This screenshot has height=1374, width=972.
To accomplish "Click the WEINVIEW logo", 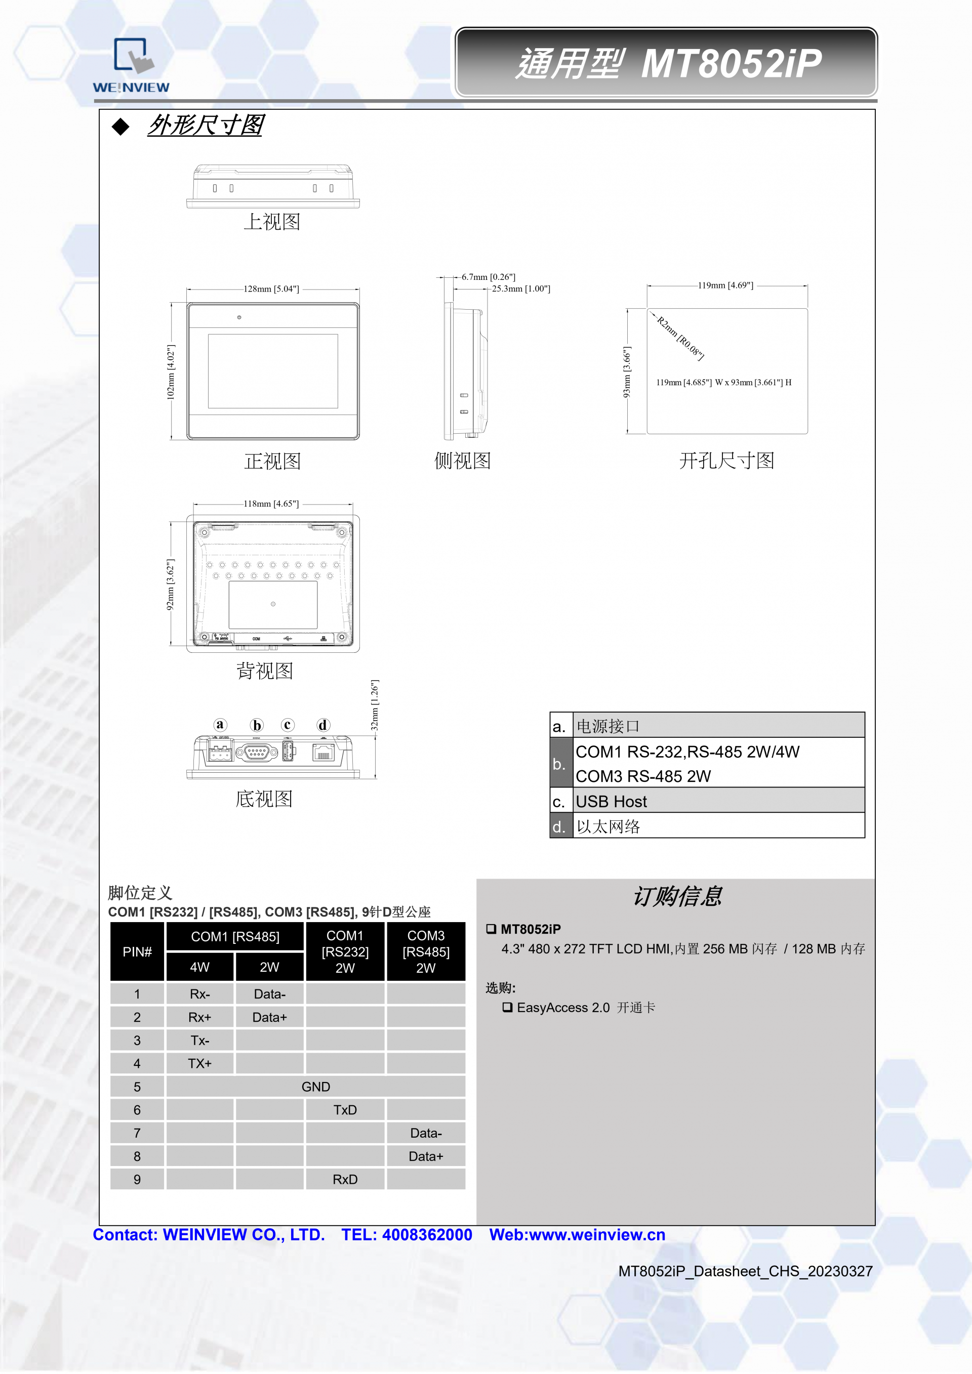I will click(x=131, y=65).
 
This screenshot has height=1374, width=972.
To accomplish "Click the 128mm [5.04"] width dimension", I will click(x=271, y=289).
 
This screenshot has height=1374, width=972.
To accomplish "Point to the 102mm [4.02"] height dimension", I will click(x=171, y=371).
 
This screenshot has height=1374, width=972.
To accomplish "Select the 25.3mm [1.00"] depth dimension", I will click(x=521, y=289).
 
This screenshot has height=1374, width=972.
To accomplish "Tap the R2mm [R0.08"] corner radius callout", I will click(x=680, y=338).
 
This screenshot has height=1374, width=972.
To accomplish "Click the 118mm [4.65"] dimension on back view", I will click(x=271, y=504).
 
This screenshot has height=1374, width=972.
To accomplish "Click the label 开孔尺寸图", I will click(x=726, y=461).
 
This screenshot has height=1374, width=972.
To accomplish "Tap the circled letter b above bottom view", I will click(x=257, y=725).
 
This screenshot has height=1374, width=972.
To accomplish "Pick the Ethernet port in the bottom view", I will click(x=322, y=753).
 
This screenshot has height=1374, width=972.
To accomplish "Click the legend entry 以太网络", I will click(x=608, y=826).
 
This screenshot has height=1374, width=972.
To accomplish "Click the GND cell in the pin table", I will click(x=315, y=1087).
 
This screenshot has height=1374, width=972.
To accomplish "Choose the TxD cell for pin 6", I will click(x=345, y=1110).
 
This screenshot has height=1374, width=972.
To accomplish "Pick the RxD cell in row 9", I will click(x=345, y=1180).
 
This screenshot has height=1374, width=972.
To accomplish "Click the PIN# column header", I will click(x=137, y=951).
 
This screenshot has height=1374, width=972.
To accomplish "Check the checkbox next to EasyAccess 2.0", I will click(x=507, y=1007).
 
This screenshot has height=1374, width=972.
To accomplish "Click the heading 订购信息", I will click(x=677, y=896).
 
